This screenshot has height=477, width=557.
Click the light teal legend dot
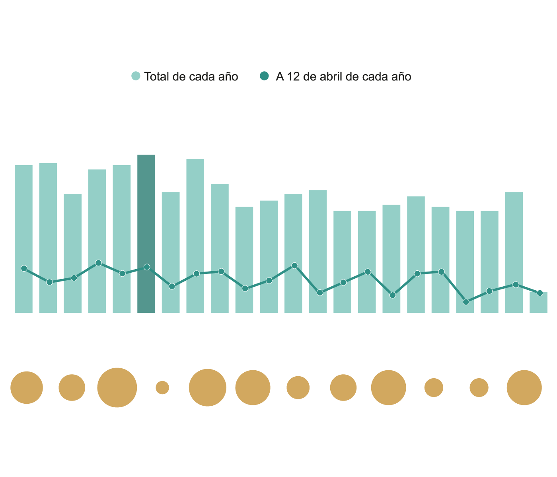coord(136,76)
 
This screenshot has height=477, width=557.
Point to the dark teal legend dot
coord(265,76)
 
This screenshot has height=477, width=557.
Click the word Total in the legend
coord(158,76)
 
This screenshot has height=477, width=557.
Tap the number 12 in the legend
coord(294,76)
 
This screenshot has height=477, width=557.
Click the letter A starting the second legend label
coord(280,76)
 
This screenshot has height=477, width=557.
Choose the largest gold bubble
coord(117,387)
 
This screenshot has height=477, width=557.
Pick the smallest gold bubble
coord(162,387)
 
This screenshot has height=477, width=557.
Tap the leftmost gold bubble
coord(27,387)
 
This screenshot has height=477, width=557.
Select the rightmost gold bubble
coord(524,387)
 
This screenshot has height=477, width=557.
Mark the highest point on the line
coord(99,263)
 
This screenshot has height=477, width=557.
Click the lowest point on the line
coord(466,302)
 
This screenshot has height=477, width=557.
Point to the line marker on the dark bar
coord(147,267)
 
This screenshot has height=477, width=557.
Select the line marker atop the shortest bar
coord(540,293)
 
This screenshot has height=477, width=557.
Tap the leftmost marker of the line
coord(24,268)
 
